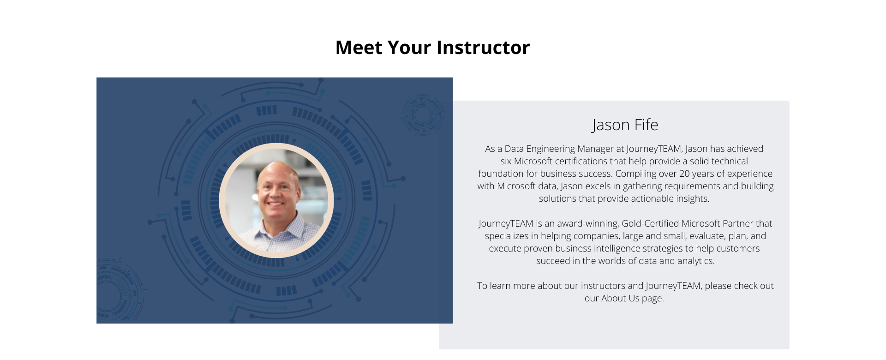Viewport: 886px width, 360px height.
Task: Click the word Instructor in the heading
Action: point(483,48)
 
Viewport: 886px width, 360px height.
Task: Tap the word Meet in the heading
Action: point(359,48)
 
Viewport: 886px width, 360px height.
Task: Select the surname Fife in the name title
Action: point(646,125)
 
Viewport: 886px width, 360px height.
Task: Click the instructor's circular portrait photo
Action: point(276,200)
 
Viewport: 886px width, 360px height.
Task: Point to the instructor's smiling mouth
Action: point(275,203)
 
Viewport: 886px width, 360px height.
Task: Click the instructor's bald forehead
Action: point(275,172)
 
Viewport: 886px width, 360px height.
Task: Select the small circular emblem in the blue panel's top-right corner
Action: point(422,114)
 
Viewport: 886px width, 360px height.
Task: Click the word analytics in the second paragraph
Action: point(696,261)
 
